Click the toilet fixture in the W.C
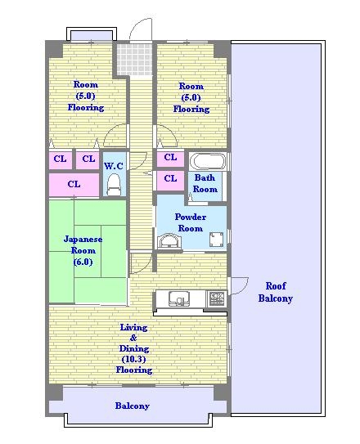point(114,183)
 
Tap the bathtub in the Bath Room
point(208,162)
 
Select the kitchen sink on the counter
point(179,298)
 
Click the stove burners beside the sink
point(217,298)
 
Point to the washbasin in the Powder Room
point(169,241)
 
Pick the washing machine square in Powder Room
point(216,240)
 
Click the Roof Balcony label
point(275,292)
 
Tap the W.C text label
point(114,166)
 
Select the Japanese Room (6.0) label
point(83,250)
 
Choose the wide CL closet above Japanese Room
point(74,185)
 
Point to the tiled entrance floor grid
point(134,59)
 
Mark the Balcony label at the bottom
point(133,406)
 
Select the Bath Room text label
point(205,183)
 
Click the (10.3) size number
point(133,359)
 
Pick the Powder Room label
point(191,222)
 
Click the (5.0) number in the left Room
point(85,96)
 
